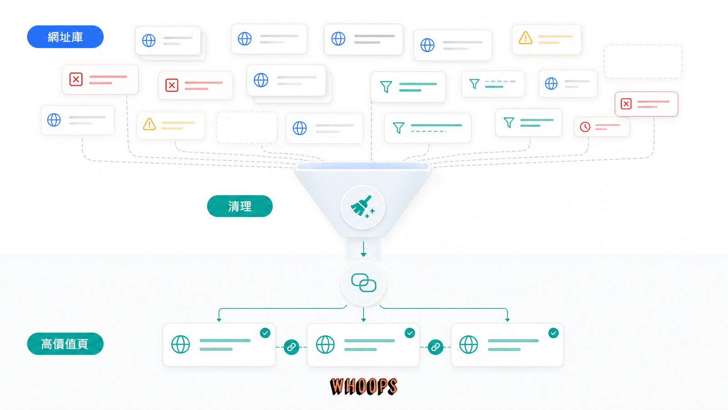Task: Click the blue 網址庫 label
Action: (66, 37)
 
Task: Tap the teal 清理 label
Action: (240, 206)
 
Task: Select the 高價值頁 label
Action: (66, 343)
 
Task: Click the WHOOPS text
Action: (364, 386)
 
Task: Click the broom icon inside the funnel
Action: (362, 207)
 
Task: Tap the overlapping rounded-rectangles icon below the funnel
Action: (364, 283)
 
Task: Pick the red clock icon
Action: (585, 127)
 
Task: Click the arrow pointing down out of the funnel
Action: (364, 249)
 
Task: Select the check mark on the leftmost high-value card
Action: (265, 333)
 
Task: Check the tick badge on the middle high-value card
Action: (409, 333)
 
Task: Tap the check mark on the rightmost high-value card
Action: (553, 333)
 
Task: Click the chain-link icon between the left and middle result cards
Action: (291, 347)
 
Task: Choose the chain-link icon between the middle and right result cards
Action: (435, 347)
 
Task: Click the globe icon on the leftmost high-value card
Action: (180, 344)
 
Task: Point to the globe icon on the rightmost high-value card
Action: (468, 344)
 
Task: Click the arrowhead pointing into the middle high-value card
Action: (364, 319)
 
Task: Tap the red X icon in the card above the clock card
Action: (626, 104)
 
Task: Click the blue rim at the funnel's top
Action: (363, 166)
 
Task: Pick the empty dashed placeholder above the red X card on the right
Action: (643, 61)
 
